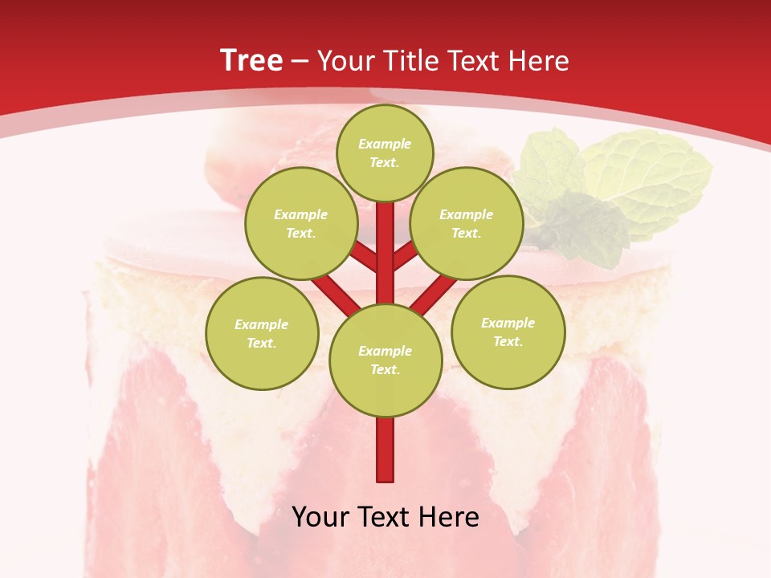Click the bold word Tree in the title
[251, 61]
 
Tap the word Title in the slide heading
[410, 61]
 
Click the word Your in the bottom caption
[321, 517]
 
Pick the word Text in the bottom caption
[387, 517]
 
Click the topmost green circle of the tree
[385, 153]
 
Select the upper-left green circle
[301, 223]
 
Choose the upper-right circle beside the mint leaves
[467, 223]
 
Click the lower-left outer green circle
[262, 333]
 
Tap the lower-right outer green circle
[508, 332]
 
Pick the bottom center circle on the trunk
[385, 360]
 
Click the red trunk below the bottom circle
[385, 450]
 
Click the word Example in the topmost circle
[385, 144]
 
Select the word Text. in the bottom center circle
[385, 370]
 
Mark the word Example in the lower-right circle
[508, 323]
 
